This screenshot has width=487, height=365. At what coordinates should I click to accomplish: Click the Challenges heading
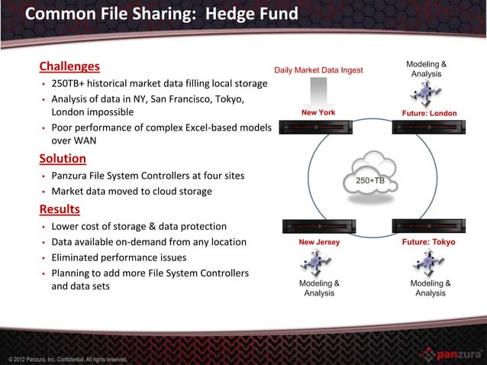[x=69, y=66]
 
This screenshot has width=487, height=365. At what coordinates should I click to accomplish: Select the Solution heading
[x=63, y=159]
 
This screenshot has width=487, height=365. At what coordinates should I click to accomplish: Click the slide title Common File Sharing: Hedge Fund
[x=161, y=15]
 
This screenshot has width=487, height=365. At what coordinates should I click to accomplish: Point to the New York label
[x=318, y=113]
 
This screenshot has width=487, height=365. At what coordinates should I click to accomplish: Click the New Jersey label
[x=319, y=242]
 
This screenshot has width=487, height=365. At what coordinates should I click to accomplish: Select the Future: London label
[x=429, y=113]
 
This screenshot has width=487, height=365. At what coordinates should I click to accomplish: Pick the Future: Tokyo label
[x=428, y=242]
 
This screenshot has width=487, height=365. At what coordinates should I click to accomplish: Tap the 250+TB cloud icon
[x=369, y=176]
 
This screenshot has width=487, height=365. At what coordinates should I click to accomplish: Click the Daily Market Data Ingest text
[x=319, y=71]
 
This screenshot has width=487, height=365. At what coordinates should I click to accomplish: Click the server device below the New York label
[x=318, y=128]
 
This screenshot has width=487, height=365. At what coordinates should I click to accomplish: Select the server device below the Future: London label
[x=429, y=128]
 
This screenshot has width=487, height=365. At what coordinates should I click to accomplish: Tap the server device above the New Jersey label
[x=318, y=226]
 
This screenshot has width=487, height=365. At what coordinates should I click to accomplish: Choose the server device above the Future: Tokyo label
[x=429, y=226]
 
